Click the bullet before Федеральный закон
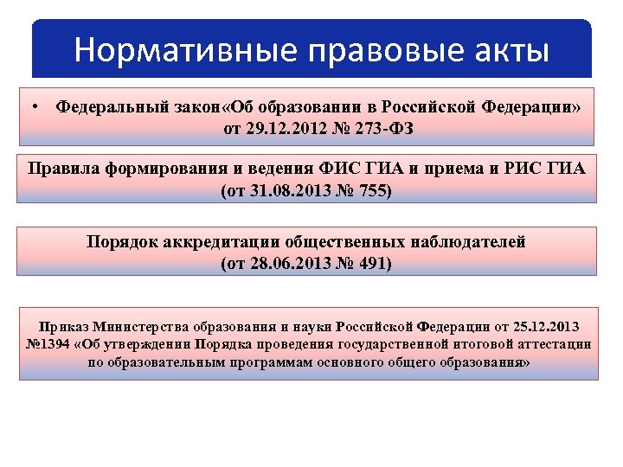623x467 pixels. [31, 107]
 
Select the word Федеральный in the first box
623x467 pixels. [111, 108]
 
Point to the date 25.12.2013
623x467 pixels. [544, 327]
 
